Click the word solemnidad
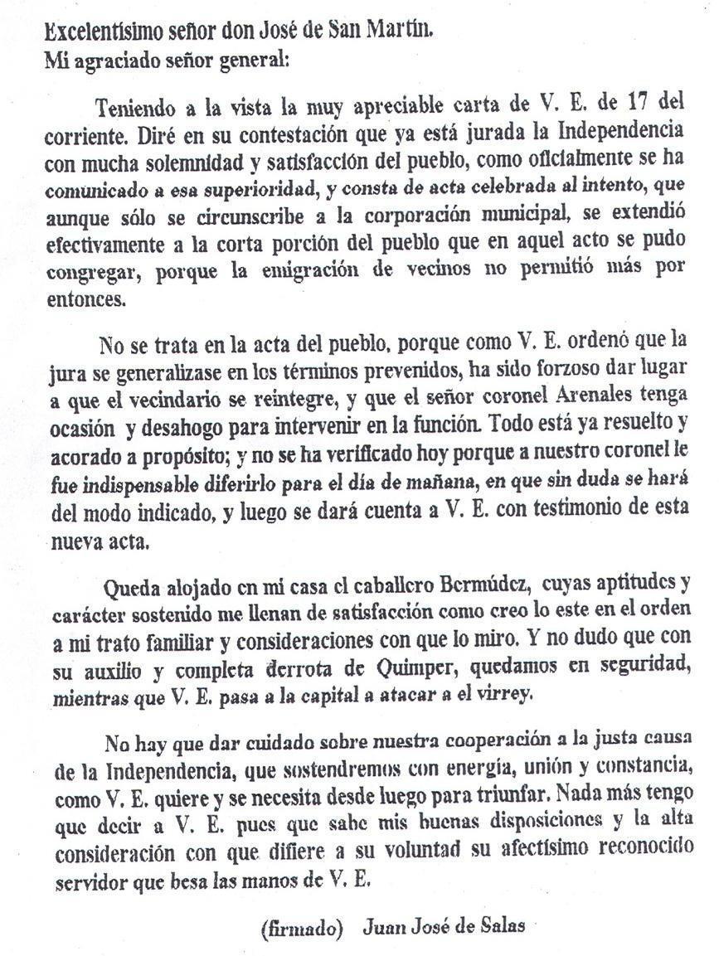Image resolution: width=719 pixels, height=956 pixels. tap(174, 160)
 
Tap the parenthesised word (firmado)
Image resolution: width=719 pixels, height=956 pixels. tap(302, 927)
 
